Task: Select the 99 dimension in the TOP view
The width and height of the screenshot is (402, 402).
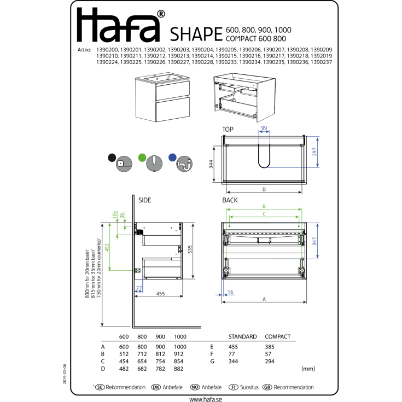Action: point(264,128)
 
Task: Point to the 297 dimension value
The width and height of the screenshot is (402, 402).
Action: point(315,152)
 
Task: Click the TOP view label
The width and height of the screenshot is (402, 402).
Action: point(228,129)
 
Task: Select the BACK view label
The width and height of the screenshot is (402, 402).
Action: point(230,201)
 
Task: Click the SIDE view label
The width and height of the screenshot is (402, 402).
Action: point(144,201)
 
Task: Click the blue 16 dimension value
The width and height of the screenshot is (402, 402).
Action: point(230,293)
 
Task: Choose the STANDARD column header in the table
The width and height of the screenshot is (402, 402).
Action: point(242,337)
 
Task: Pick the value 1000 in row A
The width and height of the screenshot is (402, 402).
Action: point(180,346)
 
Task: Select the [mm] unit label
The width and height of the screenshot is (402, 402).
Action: point(308,369)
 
